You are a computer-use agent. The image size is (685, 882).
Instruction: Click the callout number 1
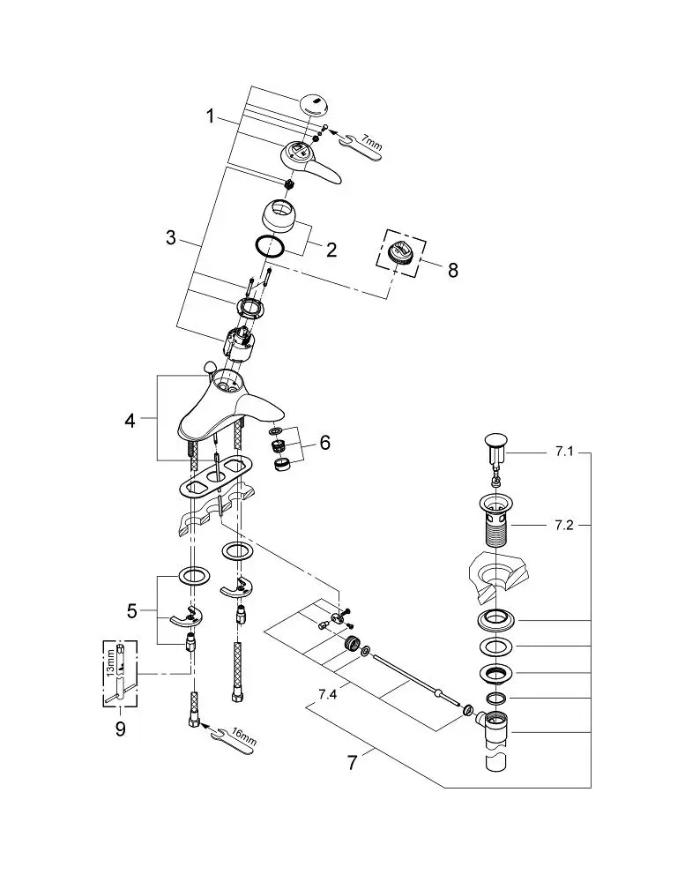(210, 117)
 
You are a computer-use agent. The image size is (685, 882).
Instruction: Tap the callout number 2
(331, 250)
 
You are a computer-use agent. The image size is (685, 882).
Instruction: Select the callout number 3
(171, 237)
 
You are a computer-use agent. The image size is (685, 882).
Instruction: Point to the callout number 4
(130, 420)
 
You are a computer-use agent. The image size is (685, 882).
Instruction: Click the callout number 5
(131, 611)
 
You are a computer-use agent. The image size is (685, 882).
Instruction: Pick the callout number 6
(325, 443)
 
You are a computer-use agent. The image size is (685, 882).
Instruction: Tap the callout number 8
(453, 270)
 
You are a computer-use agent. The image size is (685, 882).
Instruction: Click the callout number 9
(121, 729)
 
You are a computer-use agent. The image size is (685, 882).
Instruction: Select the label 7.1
(563, 452)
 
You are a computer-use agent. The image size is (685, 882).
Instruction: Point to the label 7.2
(563, 526)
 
